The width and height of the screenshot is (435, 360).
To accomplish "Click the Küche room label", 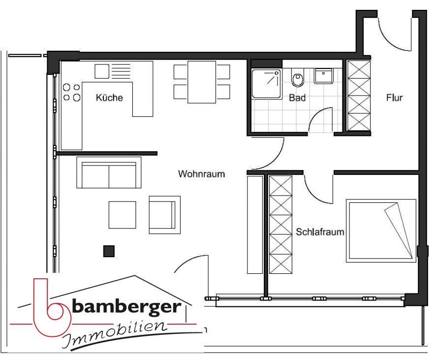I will click(109, 98).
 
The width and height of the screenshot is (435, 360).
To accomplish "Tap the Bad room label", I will click(297, 98).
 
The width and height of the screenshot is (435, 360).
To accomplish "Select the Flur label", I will click(394, 98).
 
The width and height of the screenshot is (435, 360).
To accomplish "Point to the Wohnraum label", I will click(201, 174).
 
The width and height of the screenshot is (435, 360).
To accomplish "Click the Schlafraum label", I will click(320, 232).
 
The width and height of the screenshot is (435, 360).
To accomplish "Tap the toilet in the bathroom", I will click(297, 79).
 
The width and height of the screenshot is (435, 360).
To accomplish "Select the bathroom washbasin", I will click(324, 76).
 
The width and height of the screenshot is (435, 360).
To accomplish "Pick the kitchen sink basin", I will click(102, 71).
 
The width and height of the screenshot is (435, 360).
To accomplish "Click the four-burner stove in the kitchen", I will click(72, 92).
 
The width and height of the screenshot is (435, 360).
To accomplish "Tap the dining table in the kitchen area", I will click(202, 82).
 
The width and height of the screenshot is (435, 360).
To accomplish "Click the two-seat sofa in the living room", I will click(109, 173).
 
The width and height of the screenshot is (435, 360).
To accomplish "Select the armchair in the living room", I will click(164, 215).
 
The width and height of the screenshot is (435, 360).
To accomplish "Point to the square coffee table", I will click(122, 215).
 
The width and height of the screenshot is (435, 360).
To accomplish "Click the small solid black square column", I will click(109, 251).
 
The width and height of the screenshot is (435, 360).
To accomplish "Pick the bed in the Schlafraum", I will click(381, 230).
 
